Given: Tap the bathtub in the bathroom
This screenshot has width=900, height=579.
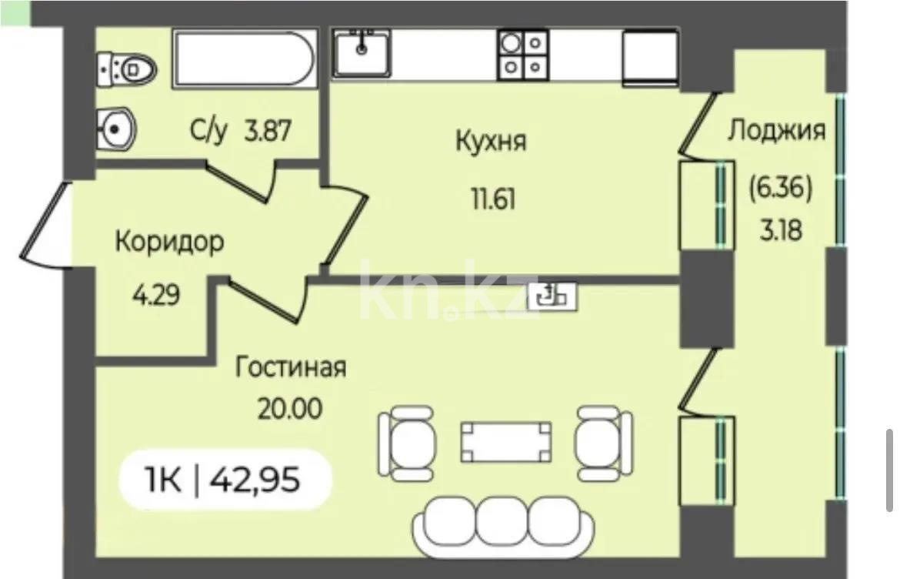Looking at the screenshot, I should pyautogui.click(x=243, y=59).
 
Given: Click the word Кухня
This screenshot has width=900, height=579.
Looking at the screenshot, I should pyautogui.click(x=491, y=142).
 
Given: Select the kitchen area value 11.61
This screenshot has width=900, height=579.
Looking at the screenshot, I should pyautogui.click(x=493, y=199).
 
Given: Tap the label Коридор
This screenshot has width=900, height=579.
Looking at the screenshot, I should pyautogui.click(x=169, y=242).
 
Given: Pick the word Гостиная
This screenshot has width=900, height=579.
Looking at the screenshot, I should pyautogui.click(x=291, y=367).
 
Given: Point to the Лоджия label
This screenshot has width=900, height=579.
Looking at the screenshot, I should pyautogui.click(x=777, y=130).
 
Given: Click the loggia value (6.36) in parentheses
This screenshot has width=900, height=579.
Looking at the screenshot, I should pyautogui.click(x=781, y=189).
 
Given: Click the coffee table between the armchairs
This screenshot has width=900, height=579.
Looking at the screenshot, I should pyautogui.click(x=505, y=440).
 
